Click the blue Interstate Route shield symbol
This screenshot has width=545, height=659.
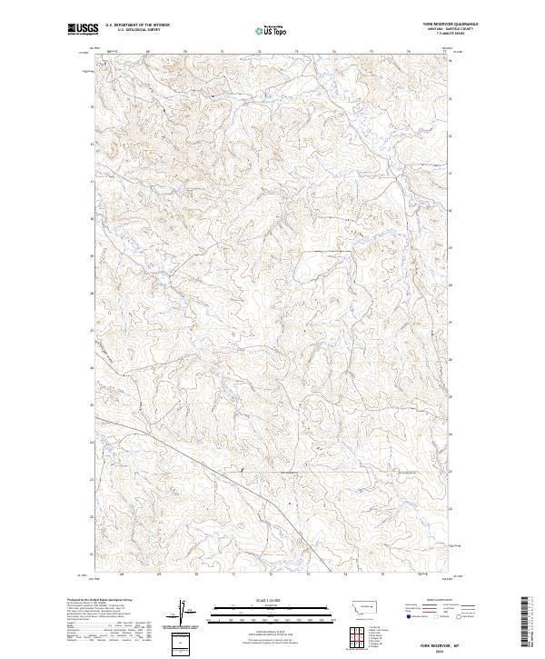click(406, 616)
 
